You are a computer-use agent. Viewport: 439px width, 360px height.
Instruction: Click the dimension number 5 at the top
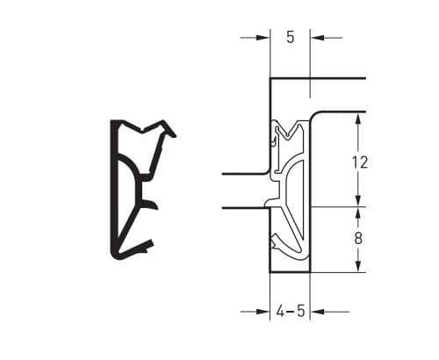click(x=290, y=38)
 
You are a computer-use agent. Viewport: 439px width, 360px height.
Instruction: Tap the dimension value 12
click(x=360, y=162)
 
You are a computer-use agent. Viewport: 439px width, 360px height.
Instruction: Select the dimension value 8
click(x=358, y=239)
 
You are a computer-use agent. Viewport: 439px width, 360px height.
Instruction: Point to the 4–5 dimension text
click(x=291, y=311)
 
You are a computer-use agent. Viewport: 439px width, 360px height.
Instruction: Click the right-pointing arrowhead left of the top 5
click(x=263, y=38)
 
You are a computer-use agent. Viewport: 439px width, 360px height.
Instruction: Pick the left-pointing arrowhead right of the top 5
click(x=317, y=38)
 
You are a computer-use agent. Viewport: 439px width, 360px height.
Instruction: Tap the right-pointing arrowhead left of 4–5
click(x=263, y=312)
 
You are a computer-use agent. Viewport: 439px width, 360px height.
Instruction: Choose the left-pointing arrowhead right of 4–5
click(x=317, y=312)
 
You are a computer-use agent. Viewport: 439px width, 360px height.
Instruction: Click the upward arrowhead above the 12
click(x=358, y=119)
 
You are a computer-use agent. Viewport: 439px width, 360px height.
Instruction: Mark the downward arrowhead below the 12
click(x=358, y=200)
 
